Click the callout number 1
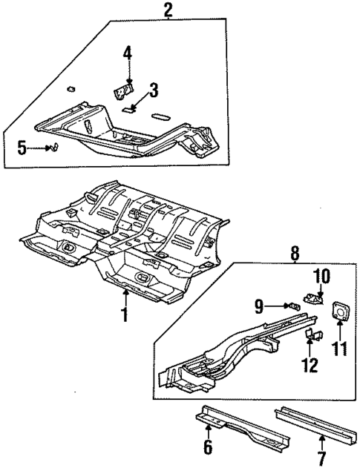click(x=125, y=314)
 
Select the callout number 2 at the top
click(x=168, y=10)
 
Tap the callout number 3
click(x=153, y=91)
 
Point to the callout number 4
click(x=128, y=54)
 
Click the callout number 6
click(x=207, y=446)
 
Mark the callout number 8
click(x=295, y=254)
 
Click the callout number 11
click(x=341, y=346)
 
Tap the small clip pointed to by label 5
click(x=53, y=148)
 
